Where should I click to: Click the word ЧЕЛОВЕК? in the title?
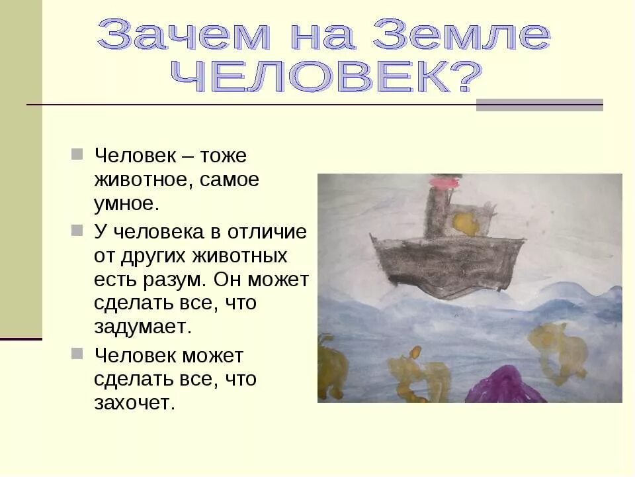pos(324,79)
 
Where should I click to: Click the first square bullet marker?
pos(77,154)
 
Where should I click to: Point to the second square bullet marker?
pos(77,230)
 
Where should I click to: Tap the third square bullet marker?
pos(77,353)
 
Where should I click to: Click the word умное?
pos(126,204)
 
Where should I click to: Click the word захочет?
pos(135,403)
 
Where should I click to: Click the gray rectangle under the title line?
pos(539,105)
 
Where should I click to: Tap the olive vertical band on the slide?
pos(21,166)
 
